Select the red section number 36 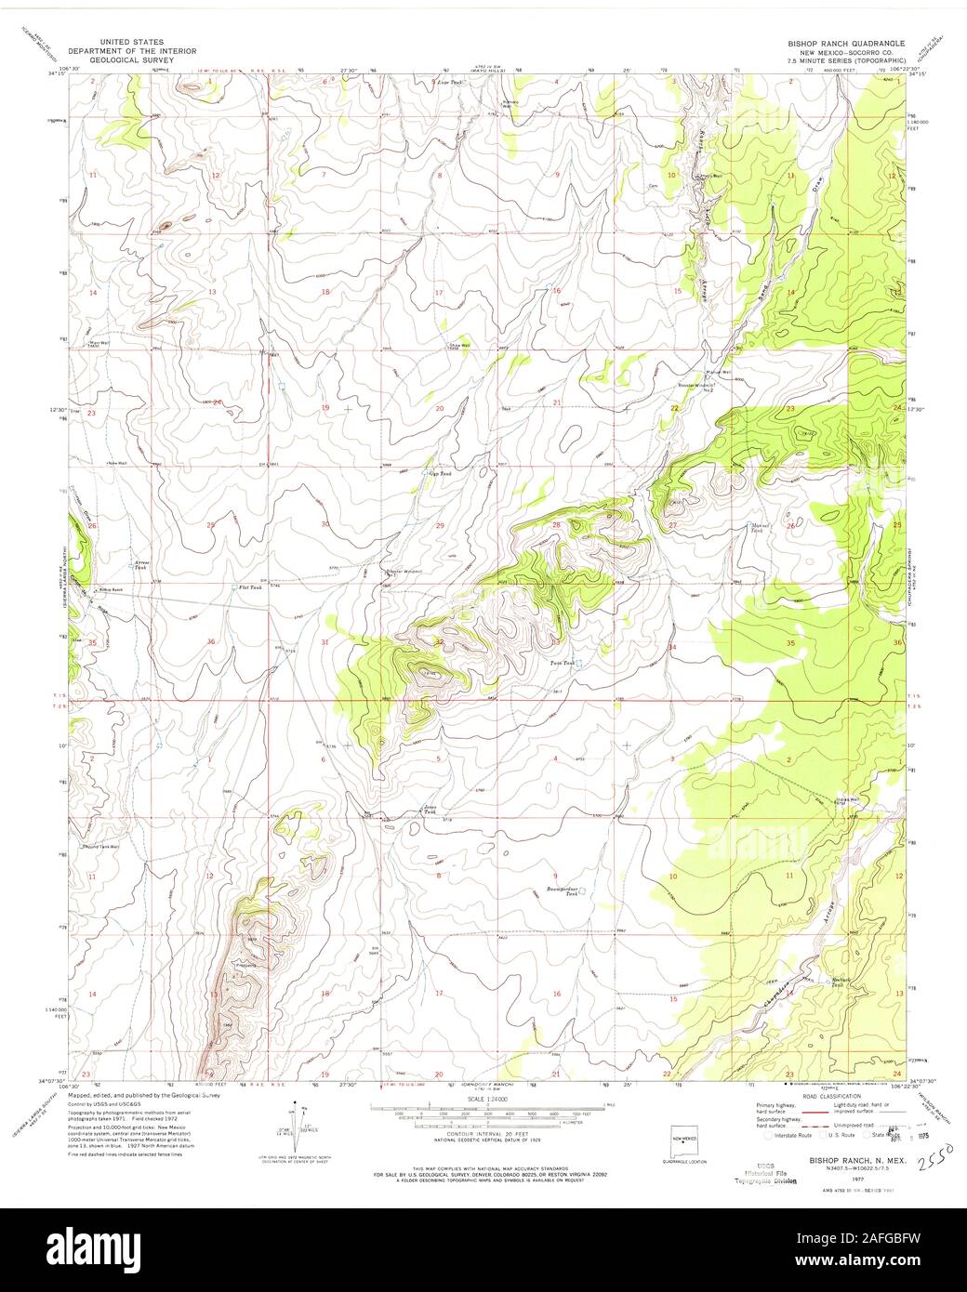(212, 642)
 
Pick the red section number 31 (325, 642)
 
